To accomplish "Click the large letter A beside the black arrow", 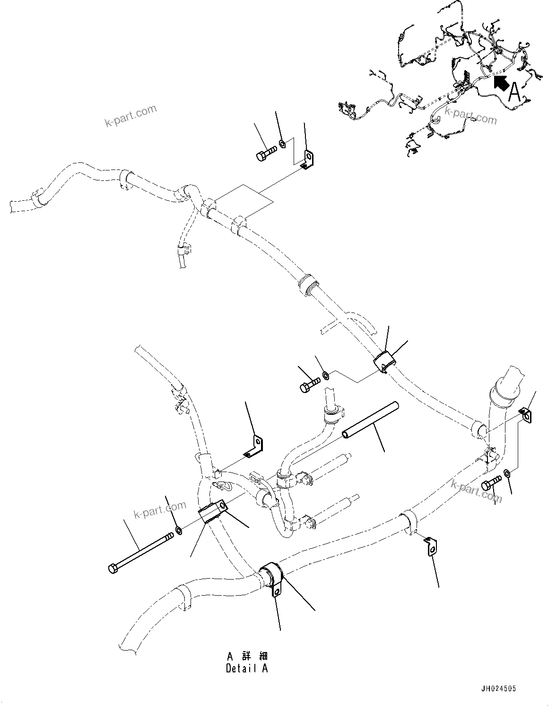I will pyautogui.click(x=514, y=92).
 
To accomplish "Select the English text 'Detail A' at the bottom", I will pyautogui.click(x=246, y=668).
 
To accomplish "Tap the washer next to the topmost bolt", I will pyautogui.click(x=282, y=143).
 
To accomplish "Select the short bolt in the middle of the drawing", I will pyautogui.click(x=310, y=384).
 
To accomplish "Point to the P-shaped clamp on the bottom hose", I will pyautogui.click(x=273, y=579).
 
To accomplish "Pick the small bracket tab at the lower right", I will pyautogui.click(x=430, y=546).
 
